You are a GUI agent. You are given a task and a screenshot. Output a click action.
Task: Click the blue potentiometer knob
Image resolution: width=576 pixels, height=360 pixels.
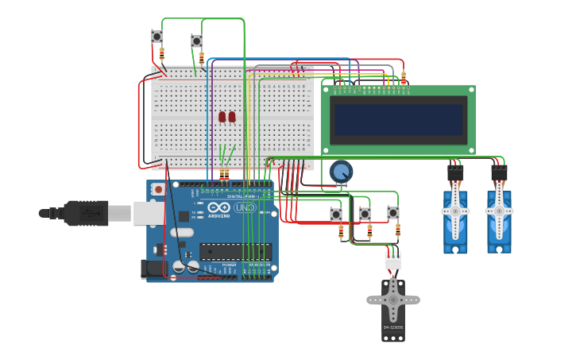click(x=341, y=172)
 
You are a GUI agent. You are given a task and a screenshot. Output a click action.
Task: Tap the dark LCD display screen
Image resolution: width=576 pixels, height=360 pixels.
click(x=398, y=120)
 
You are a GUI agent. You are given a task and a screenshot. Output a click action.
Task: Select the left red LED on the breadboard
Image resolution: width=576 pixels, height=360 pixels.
click(x=222, y=117)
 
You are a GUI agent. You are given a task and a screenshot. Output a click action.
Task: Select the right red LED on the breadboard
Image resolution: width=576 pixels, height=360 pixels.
click(x=232, y=117)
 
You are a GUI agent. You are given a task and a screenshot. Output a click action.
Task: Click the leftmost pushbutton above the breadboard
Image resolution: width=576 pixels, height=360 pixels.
click(x=157, y=37)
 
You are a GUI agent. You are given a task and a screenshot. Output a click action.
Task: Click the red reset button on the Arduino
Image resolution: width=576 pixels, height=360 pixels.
click(x=158, y=189)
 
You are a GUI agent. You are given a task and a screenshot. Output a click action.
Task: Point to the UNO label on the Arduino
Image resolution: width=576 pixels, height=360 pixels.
click(x=244, y=207)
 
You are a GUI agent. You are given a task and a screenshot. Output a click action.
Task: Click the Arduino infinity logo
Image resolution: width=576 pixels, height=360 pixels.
click(x=218, y=207)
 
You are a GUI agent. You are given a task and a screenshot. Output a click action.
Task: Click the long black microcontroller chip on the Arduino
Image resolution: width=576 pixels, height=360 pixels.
click(x=235, y=252)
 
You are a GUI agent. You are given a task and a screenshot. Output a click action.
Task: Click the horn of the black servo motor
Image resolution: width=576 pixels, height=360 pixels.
click(x=392, y=300)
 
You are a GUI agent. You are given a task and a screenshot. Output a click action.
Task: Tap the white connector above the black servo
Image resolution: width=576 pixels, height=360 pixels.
click(x=393, y=260)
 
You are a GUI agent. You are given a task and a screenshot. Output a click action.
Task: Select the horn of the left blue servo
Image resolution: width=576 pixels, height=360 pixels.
click(x=455, y=211)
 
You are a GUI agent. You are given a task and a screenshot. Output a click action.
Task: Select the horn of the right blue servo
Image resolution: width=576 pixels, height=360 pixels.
click(x=499, y=211)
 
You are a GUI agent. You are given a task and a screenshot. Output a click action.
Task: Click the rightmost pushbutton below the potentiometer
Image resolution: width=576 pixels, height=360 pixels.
click(x=393, y=213)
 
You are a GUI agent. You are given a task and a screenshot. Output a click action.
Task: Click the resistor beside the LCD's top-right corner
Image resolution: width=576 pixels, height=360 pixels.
click(x=404, y=78)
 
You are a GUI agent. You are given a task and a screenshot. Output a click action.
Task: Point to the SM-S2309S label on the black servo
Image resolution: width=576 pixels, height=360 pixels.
click(x=392, y=327)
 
